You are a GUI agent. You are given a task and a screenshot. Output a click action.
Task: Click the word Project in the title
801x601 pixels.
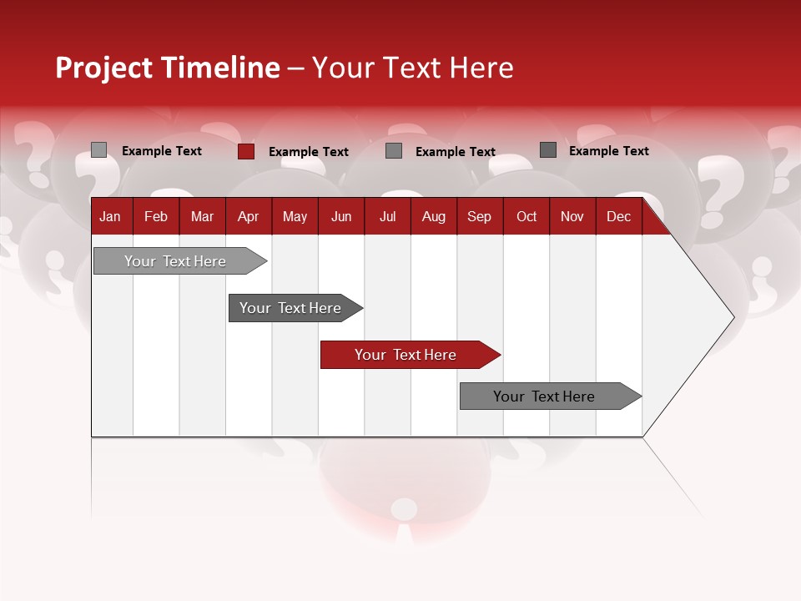(104, 68)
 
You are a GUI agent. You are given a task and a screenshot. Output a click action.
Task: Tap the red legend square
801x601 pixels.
(246, 151)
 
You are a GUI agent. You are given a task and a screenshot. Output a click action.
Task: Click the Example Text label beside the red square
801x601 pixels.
(308, 152)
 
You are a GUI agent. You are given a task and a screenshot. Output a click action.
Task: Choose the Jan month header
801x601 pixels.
(110, 216)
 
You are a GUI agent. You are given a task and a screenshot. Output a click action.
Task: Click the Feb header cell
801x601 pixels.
(156, 216)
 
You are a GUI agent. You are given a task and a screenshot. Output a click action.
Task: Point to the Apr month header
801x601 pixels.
(248, 216)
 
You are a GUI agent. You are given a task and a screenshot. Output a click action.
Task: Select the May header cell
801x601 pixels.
(295, 216)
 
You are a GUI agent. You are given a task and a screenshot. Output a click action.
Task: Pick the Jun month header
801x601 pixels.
(341, 216)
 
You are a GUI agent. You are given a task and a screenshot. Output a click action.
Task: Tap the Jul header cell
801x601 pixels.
(387, 216)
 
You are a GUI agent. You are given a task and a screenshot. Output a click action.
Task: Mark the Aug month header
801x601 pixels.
(434, 216)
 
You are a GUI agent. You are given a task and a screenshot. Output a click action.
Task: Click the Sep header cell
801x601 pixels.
(479, 216)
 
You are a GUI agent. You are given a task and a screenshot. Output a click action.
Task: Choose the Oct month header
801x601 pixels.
(526, 216)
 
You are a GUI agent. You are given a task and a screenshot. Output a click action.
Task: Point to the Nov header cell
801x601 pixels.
(572, 216)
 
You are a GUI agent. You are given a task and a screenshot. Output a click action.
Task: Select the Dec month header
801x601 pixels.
(618, 216)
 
